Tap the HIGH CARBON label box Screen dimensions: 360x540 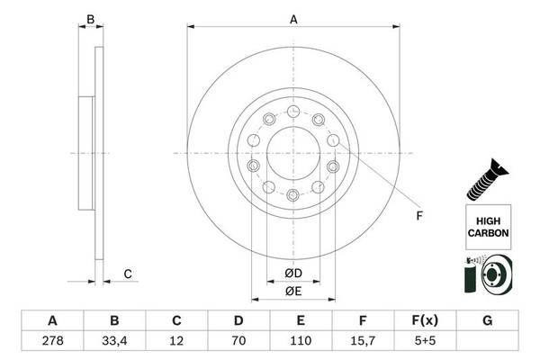(489, 226)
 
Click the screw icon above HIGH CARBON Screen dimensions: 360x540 (487, 177)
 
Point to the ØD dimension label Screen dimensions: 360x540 (292, 273)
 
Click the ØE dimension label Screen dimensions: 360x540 (292, 291)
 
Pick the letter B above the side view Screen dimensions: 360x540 (88, 18)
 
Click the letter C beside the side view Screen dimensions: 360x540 (128, 274)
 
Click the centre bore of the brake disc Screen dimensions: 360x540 (292, 149)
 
